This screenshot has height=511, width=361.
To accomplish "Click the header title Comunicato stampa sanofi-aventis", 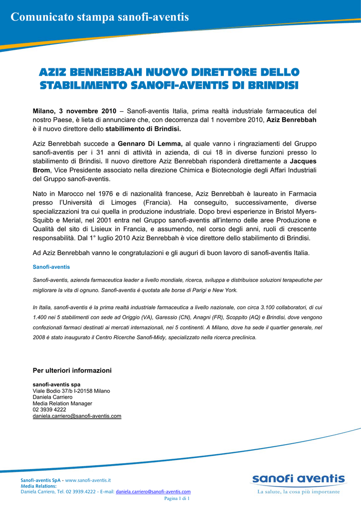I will [x=100, y=17].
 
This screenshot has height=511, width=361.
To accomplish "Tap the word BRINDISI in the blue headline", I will [x=272, y=86].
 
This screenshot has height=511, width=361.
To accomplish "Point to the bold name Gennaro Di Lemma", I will [x=154, y=144].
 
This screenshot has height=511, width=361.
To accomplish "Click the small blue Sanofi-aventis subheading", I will [x=51, y=267].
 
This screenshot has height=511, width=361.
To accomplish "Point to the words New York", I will [x=226, y=290].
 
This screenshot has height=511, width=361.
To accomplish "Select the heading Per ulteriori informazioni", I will [x=72, y=370].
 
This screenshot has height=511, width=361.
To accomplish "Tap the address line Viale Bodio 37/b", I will [x=55, y=391].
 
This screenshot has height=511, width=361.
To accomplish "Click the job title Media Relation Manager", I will [x=62, y=403].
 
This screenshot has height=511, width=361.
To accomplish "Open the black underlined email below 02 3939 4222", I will [x=77, y=416].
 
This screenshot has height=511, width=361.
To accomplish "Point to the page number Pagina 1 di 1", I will [x=177, y=498].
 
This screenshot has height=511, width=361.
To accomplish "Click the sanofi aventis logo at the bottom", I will [x=298, y=480].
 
